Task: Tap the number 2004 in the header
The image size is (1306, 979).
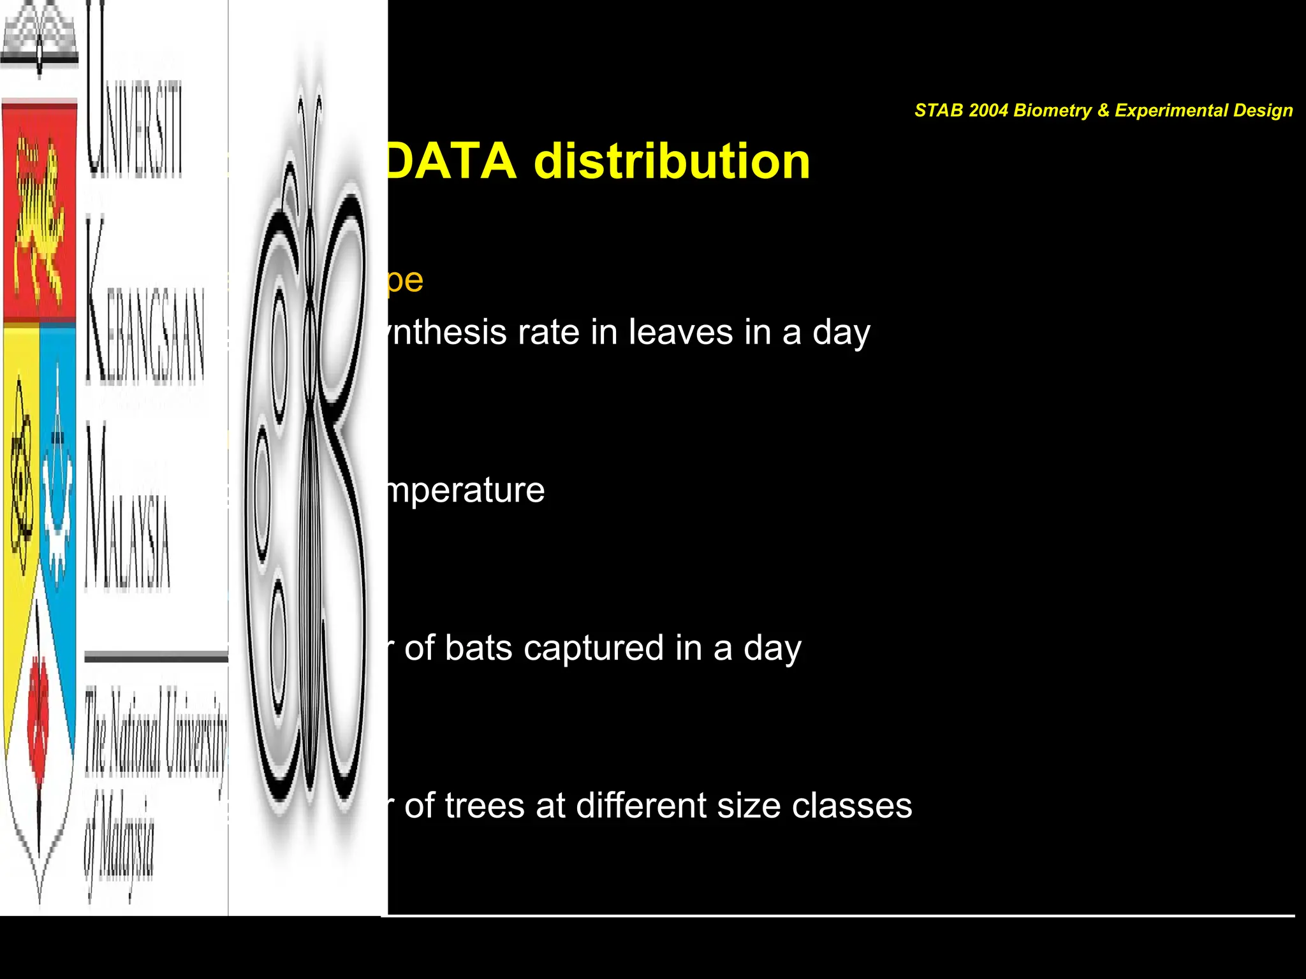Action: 988,110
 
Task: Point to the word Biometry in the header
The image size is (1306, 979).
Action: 1052,110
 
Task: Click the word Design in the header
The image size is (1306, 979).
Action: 1262,110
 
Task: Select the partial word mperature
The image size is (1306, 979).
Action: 466,490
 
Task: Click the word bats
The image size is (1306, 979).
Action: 478,648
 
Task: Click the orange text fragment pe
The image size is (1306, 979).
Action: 404,280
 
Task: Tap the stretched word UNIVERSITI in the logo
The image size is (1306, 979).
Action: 134,96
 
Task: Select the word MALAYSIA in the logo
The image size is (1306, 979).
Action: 128,510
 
